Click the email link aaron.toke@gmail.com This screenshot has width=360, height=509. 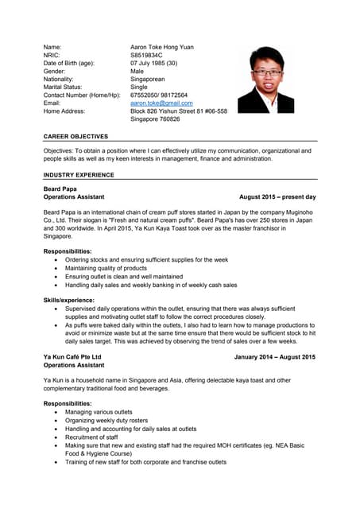(x=161, y=103)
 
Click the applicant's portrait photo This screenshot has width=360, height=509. (x=265, y=79)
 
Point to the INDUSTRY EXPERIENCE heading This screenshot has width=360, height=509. (x=79, y=174)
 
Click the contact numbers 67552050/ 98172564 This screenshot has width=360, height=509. (x=159, y=95)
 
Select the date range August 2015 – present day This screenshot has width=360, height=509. (x=277, y=196)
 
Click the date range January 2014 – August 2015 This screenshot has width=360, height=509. (x=274, y=357)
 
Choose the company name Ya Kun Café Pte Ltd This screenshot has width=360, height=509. (x=72, y=357)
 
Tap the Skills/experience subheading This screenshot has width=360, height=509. (x=69, y=300)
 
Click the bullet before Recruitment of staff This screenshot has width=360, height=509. (x=55, y=437)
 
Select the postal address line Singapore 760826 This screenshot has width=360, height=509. (x=155, y=119)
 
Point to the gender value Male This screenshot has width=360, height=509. (x=137, y=71)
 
